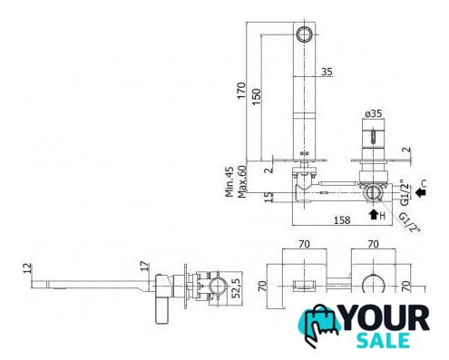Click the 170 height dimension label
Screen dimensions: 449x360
point(241,90)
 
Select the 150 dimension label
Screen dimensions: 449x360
point(256,96)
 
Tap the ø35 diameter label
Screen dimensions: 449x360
point(374,113)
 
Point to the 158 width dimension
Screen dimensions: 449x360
point(342,220)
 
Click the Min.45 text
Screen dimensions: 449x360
point(229,182)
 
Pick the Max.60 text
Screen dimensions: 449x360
point(242,182)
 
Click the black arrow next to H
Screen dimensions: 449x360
point(374,214)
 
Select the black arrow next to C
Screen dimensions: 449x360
point(420,192)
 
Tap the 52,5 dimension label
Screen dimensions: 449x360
point(237,288)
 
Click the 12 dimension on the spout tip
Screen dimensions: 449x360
point(27,268)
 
